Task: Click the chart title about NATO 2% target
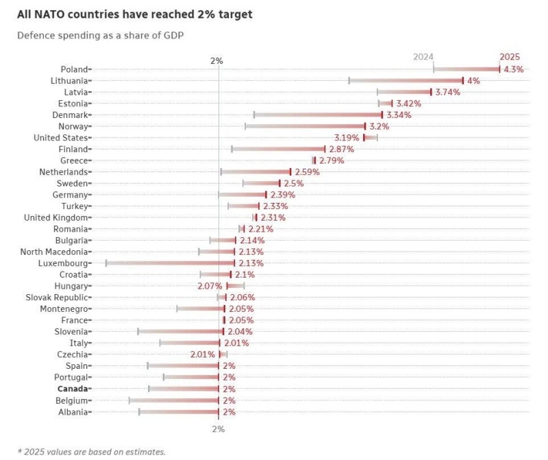click(134, 14)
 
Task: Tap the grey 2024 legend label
click(423, 57)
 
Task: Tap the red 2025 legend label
click(510, 57)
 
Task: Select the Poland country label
click(73, 69)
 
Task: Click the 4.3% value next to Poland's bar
click(514, 69)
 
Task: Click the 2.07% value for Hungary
click(210, 286)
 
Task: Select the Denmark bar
click(318, 115)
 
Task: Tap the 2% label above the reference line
click(216, 61)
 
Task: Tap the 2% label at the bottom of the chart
click(218, 428)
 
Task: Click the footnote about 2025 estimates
click(91, 451)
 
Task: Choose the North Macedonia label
click(54, 252)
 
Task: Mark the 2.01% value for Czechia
click(203, 354)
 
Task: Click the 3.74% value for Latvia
click(447, 92)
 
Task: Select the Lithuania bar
click(406, 81)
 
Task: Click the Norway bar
click(306, 126)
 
